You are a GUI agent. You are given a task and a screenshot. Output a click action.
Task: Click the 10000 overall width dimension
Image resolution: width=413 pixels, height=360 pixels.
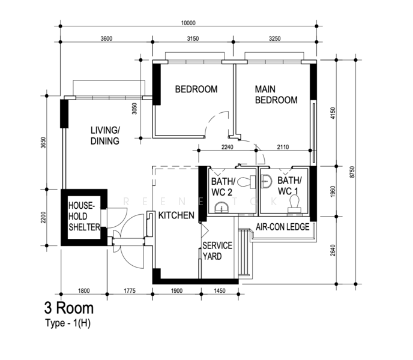[x=188, y=23]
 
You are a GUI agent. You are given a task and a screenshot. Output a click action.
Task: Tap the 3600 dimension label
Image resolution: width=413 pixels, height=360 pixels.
[x=106, y=39]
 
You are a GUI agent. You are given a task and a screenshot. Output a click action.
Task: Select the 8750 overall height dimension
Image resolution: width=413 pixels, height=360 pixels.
[x=352, y=172]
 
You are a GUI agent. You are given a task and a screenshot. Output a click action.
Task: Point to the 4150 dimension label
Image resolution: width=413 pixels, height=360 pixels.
[x=333, y=113]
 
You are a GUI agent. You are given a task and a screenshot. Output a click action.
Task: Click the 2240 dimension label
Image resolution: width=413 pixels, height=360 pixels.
[x=228, y=147]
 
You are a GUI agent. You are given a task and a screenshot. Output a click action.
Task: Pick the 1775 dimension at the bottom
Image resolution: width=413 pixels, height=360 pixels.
[x=130, y=291]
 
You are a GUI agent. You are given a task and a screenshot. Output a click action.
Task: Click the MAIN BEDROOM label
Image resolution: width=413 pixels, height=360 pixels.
[x=276, y=95]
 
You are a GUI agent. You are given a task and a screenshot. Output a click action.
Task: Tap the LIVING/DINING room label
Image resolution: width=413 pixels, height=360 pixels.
[x=105, y=136]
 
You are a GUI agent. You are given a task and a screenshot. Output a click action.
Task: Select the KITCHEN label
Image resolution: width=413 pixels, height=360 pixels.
[x=176, y=215]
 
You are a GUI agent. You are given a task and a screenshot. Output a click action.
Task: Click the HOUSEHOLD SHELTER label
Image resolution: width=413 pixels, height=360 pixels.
[x=84, y=216]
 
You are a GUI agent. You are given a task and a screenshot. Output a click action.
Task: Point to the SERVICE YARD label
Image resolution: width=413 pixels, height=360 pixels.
[x=217, y=251]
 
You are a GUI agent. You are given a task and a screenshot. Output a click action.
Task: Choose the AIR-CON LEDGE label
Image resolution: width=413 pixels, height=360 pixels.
[x=283, y=227]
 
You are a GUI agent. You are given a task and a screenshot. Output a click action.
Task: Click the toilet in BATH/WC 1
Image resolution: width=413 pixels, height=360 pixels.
[x=295, y=204]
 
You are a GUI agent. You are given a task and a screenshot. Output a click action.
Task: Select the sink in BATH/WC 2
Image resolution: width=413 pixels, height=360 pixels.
[x=222, y=208]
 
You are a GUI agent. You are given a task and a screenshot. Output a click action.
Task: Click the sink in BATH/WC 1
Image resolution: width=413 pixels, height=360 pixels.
[x=267, y=181]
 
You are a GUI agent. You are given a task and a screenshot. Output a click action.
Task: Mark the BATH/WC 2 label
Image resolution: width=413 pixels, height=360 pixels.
[x=223, y=187]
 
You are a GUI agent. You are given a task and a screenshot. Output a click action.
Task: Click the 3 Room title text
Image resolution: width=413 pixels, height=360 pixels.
[x=69, y=308]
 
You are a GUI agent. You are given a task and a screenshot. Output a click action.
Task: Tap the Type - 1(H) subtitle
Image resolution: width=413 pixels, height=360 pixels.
[x=68, y=323]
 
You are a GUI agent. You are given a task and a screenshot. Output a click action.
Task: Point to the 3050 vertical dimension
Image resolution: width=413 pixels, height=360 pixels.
[x=134, y=109]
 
